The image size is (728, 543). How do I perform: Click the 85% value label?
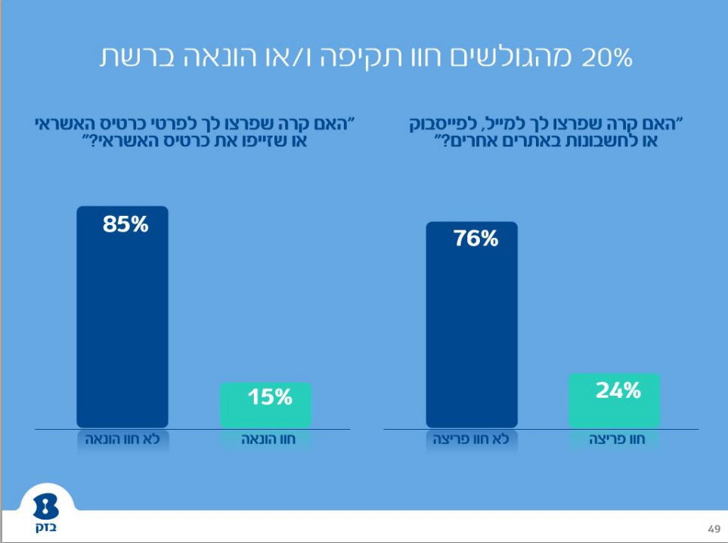point(125,224)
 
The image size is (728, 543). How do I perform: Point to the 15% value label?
point(269,397)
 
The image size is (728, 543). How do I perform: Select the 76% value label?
point(476,239)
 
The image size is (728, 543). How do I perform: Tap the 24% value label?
point(618,390)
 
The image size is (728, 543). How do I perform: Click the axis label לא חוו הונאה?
point(122,438)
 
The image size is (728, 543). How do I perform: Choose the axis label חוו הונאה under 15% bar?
point(265,438)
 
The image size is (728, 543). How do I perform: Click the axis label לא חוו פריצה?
point(472,438)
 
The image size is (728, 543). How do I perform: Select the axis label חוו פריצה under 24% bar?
point(615,438)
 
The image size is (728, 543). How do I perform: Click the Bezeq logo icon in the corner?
point(46,503)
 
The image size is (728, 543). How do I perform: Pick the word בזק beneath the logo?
point(46,526)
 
